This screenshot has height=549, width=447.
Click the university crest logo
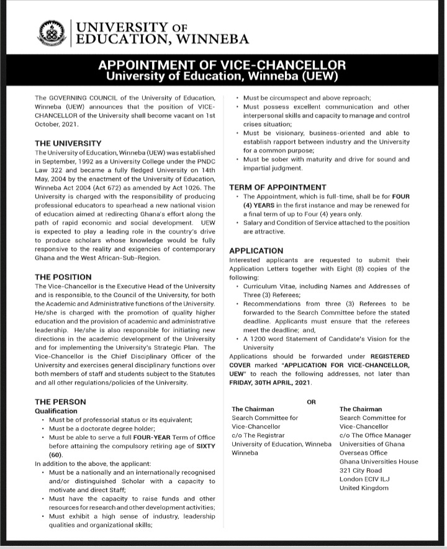[53, 33]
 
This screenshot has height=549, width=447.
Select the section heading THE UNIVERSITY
[68, 143]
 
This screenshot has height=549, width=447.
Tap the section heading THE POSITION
[63, 277]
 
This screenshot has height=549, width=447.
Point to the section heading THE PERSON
[60, 402]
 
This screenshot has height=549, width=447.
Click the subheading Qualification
[56, 411]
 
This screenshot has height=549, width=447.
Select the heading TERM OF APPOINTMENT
[278, 187]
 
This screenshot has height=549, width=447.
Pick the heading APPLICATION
[256, 251]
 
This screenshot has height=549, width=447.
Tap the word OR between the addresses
[311, 402]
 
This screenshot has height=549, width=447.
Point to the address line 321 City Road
[361, 471]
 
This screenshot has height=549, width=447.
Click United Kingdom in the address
[364, 488]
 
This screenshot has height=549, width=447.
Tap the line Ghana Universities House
[375, 462]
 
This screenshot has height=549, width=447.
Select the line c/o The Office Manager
[375, 435]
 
